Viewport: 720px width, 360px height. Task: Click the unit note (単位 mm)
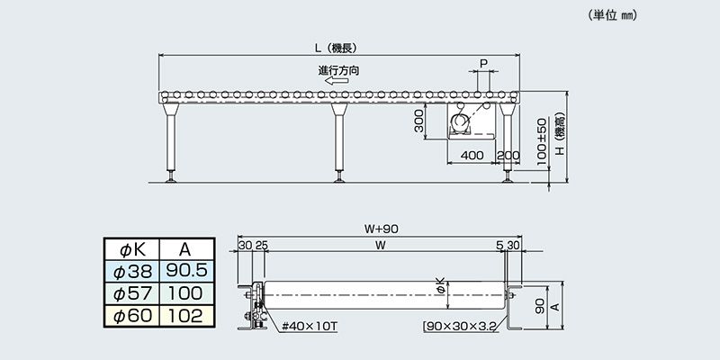613,15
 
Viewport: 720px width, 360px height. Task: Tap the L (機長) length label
337,48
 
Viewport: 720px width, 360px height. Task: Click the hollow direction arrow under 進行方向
337,81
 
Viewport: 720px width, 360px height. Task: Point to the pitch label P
483,64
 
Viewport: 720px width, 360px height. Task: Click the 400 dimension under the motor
472,156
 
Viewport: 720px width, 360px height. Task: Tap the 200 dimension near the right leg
508,156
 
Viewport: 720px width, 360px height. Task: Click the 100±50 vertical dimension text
543,141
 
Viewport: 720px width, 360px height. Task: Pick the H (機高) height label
560,133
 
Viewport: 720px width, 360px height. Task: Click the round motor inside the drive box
460,123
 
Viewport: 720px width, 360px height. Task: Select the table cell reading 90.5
186,271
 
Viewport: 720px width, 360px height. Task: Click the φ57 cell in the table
132,293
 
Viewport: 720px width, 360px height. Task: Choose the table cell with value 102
186,316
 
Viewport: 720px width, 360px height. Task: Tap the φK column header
132,249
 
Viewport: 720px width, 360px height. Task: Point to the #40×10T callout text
310,327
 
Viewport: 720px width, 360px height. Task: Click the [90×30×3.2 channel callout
459,327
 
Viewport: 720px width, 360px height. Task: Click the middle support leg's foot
339,177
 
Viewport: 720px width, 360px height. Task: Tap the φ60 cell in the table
132,316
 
